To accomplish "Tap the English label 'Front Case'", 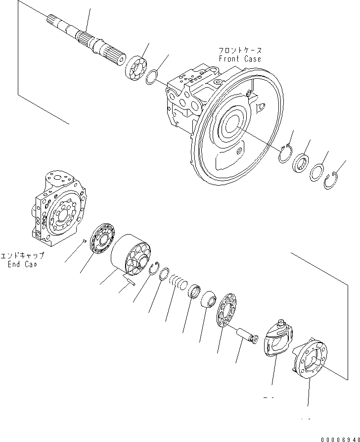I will click(240, 59).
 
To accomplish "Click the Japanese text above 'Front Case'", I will click(240, 50).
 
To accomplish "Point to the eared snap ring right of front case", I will click(284, 154).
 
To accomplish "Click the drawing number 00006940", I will click(337, 438).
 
